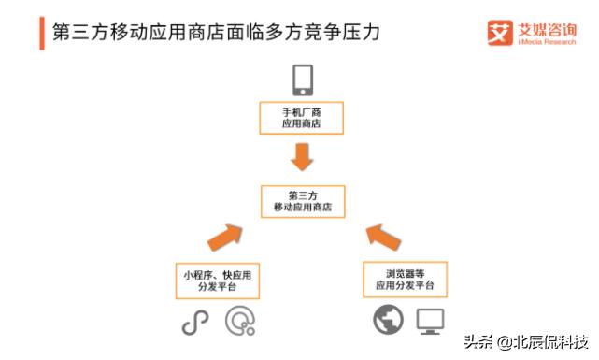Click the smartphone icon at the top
tap(302, 80)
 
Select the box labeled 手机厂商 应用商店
tap(301, 118)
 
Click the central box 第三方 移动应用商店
tap(301, 201)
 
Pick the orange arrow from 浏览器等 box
tap(382, 237)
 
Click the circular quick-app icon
tap(240, 322)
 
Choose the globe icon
tap(387, 322)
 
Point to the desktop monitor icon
tap(431, 322)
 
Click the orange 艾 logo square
tap(500, 32)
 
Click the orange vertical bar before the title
tap(42, 32)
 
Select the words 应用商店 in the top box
tap(301, 124)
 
